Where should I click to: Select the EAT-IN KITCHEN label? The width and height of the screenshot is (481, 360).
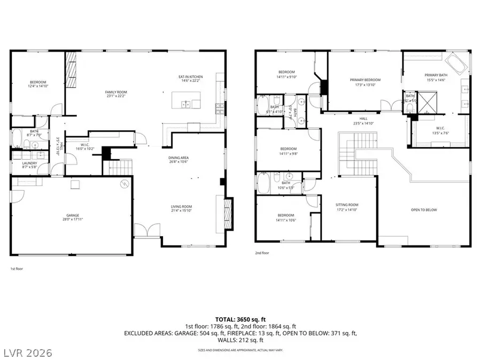(x=189, y=77)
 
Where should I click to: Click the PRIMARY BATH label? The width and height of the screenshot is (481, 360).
(x=436, y=75)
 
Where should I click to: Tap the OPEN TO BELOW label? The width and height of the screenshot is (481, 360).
(x=424, y=210)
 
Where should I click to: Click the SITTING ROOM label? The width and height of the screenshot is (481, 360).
(x=346, y=205)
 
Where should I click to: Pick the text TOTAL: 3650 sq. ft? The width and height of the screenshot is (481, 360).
(x=241, y=318)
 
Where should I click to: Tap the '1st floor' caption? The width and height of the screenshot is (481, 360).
(x=17, y=269)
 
